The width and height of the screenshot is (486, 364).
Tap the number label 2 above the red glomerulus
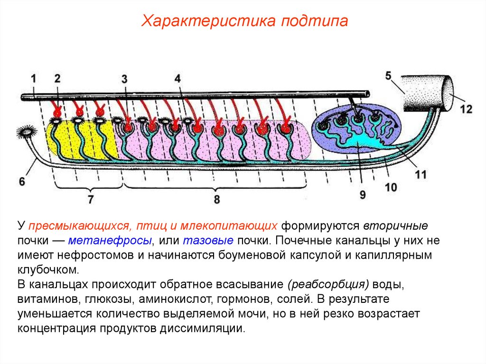click(x=57, y=78)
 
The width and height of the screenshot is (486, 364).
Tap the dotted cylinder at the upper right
click(x=425, y=93)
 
